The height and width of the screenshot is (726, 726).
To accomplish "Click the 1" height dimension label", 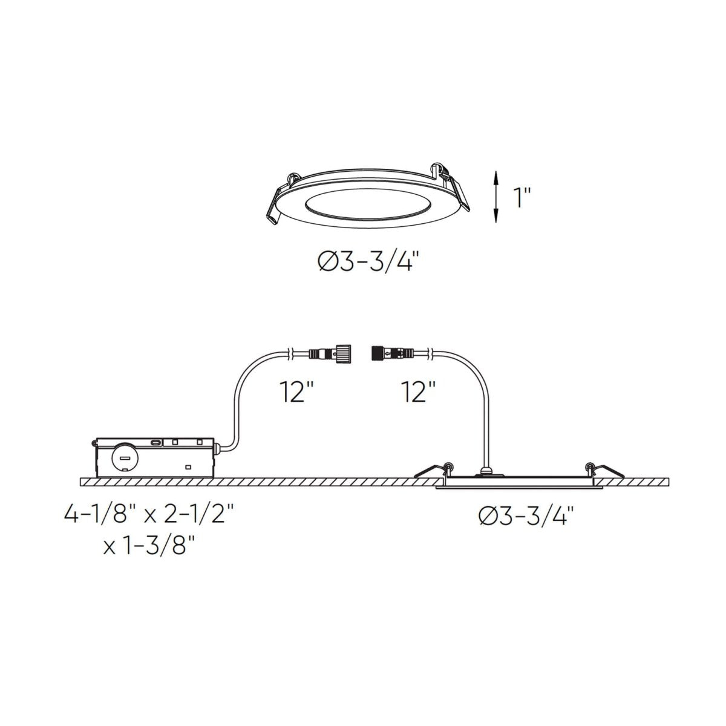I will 522,198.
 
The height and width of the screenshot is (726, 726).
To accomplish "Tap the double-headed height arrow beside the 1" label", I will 496,197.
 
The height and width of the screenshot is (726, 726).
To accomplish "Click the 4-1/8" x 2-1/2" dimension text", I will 149,516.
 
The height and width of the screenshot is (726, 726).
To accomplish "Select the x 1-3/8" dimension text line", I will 149,546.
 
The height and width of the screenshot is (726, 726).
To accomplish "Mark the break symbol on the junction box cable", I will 291,352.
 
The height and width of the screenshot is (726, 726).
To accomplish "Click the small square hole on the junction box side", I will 188,466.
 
